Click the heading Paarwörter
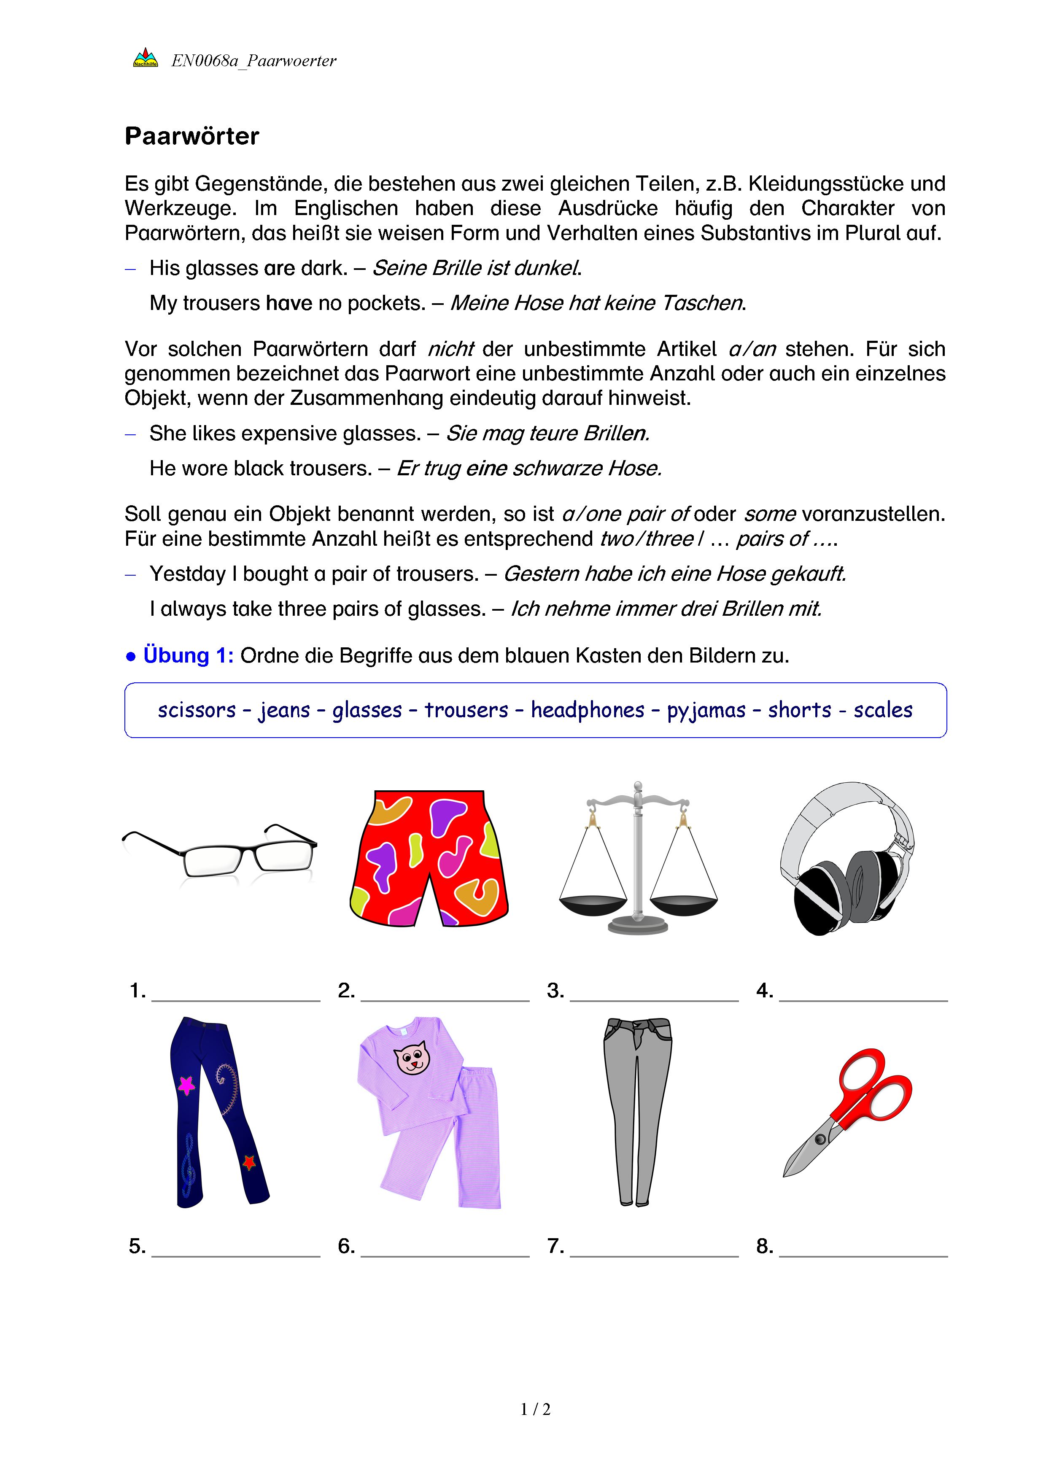coord(192,137)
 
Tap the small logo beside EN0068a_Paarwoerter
coord(146,59)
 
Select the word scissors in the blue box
coord(197,710)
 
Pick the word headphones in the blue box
coord(588,710)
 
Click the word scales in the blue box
coord(883,710)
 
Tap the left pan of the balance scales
coord(593,905)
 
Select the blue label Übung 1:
coord(188,656)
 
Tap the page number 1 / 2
coord(535,1409)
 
